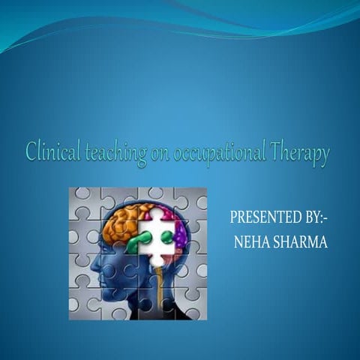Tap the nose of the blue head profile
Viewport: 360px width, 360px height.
88,262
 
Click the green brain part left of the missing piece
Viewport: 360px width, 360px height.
139,241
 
